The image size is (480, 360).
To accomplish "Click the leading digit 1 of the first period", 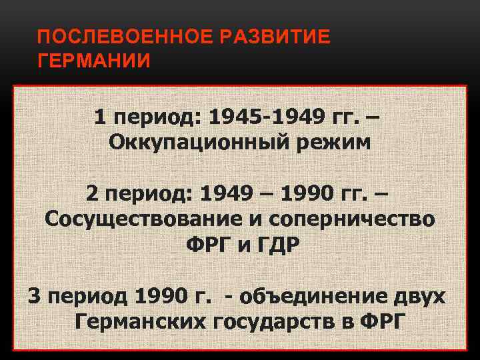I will click(100, 118).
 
